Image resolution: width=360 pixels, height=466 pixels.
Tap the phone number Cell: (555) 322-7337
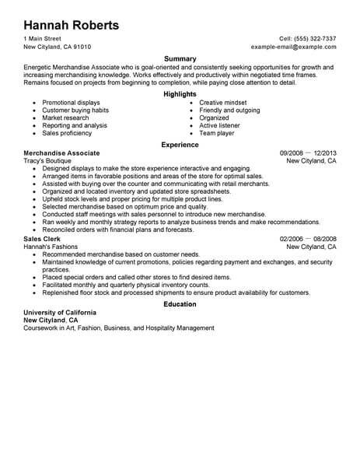307,38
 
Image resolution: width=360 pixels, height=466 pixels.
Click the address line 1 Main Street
44,38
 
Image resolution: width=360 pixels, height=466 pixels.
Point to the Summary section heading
180,59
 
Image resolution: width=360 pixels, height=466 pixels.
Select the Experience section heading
180,144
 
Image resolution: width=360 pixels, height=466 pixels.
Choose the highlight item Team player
217,132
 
